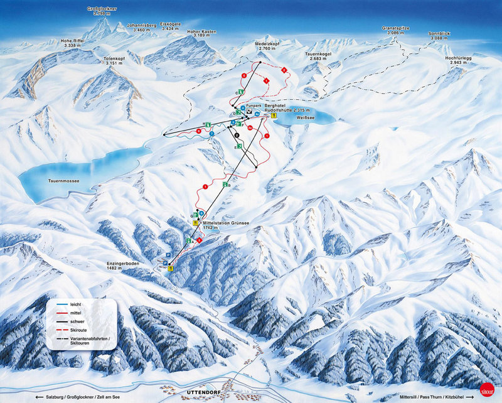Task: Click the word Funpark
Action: (x=254, y=105)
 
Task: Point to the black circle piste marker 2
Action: (x=237, y=135)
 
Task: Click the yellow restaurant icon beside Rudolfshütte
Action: (x=265, y=115)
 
